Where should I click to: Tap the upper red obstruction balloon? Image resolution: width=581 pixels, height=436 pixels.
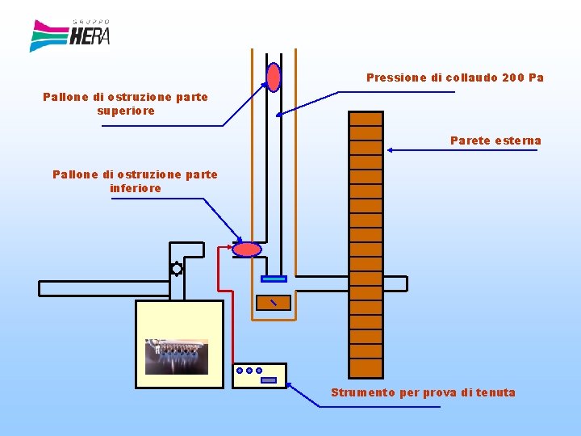tap(274, 77)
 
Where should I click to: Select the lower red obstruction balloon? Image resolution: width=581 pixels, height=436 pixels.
tap(247, 249)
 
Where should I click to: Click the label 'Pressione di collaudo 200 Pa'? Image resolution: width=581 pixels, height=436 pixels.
tap(454, 78)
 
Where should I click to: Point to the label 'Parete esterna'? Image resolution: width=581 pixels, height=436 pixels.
tap(495, 140)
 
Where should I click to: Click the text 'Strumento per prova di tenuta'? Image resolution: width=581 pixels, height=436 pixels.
tap(423, 392)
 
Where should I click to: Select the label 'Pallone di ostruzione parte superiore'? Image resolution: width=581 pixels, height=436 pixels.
tap(125, 103)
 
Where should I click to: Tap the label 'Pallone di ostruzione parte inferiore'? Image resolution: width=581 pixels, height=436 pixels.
tap(135, 181)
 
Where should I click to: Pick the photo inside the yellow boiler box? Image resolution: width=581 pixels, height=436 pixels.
tap(177, 357)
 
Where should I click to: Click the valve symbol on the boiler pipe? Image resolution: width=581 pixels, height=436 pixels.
tap(176, 269)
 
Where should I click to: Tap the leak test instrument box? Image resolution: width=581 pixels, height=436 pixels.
tap(259, 375)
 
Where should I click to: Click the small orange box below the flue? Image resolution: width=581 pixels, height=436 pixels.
tap(273, 303)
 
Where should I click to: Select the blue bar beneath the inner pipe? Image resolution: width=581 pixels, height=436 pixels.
tap(274, 279)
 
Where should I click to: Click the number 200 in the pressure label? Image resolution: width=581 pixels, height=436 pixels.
tap(513, 78)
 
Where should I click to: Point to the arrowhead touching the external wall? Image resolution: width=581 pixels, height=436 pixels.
tap(390, 149)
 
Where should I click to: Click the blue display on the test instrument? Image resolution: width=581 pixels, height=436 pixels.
tap(269, 379)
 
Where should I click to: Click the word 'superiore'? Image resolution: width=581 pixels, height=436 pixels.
tap(125, 111)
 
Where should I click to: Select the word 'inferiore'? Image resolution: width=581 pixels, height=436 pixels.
tap(135, 188)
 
